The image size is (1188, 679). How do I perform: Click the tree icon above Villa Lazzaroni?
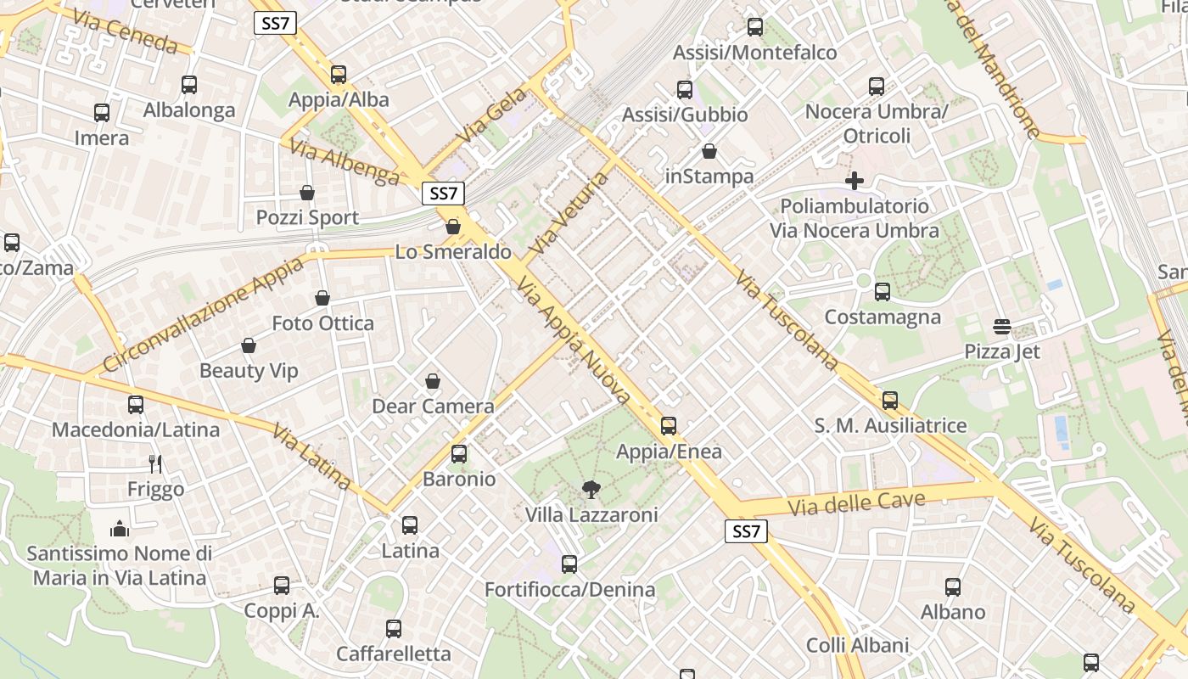pyautogui.click(x=591, y=489)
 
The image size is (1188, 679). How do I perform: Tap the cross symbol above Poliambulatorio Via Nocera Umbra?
pyautogui.click(x=855, y=180)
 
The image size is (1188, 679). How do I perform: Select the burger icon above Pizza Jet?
pyautogui.click(x=1002, y=327)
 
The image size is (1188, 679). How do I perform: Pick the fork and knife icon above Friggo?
pyautogui.click(x=155, y=463)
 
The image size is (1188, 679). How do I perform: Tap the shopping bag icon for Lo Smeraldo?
pyautogui.click(x=453, y=227)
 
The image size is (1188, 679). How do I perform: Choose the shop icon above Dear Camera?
pyautogui.click(x=433, y=381)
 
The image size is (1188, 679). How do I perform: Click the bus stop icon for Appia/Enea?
pyautogui.click(x=669, y=425)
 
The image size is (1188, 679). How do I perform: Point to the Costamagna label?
pyautogui.click(x=883, y=317)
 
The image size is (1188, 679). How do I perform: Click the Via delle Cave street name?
pyautogui.click(x=856, y=504)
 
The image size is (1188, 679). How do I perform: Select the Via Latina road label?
pyautogui.click(x=311, y=457)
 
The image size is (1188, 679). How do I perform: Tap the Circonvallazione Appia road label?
pyautogui.click(x=203, y=315)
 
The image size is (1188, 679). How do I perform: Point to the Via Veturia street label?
pyautogui.click(x=569, y=212)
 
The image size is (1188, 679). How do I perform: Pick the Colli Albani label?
pyautogui.click(x=857, y=645)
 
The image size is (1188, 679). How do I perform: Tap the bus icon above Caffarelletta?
pyautogui.click(x=394, y=629)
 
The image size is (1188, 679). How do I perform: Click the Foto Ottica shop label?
pyautogui.click(x=322, y=323)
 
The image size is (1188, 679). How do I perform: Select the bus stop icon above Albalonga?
pyautogui.click(x=189, y=85)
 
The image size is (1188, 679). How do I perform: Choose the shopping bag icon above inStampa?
pyautogui.click(x=709, y=152)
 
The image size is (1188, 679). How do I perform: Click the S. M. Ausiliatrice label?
pyautogui.click(x=890, y=425)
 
